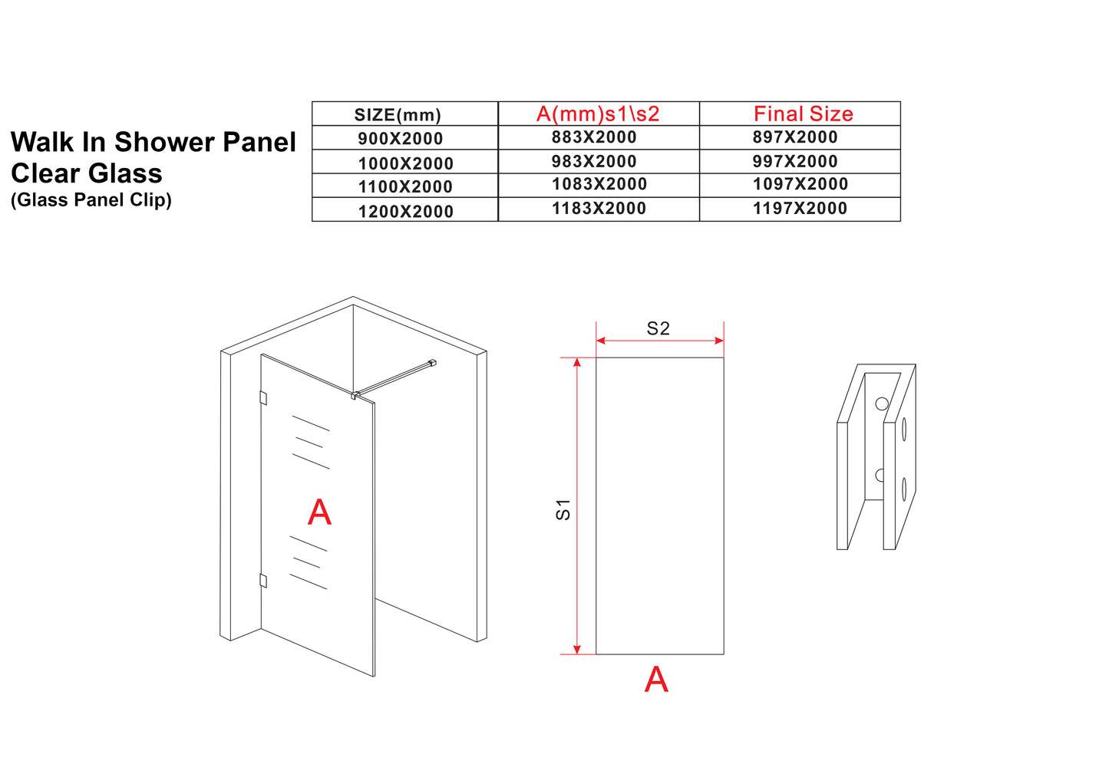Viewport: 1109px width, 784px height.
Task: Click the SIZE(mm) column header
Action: click(x=398, y=115)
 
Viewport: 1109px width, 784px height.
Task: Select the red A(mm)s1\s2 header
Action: click(x=598, y=114)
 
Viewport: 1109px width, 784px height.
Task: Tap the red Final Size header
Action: click(x=803, y=114)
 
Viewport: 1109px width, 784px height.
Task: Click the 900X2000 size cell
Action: click(x=400, y=139)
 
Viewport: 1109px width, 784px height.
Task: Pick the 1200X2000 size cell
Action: click(x=405, y=212)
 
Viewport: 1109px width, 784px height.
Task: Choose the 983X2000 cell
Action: click(x=594, y=162)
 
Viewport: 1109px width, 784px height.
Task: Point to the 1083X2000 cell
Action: click(x=599, y=185)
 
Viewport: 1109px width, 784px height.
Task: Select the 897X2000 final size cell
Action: click(x=795, y=137)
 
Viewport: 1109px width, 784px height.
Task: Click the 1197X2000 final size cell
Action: click(x=800, y=209)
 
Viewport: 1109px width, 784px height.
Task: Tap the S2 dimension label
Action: click(x=658, y=329)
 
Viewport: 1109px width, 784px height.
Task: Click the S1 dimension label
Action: click(x=563, y=509)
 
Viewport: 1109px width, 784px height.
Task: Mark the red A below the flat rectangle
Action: click(x=656, y=680)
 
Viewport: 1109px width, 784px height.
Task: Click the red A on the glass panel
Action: click(x=319, y=512)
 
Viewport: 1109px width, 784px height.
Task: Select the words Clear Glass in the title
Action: click(x=87, y=173)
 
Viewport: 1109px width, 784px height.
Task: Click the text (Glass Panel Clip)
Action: click(x=91, y=200)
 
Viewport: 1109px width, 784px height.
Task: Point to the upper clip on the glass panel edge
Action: click(x=263, y=398)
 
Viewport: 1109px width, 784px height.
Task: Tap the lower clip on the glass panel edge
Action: click(x=263, y=581)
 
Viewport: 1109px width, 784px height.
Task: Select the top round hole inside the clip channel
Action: click(x=881, y=404)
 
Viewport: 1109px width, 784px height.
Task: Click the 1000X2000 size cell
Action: click(x=405, y=163)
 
